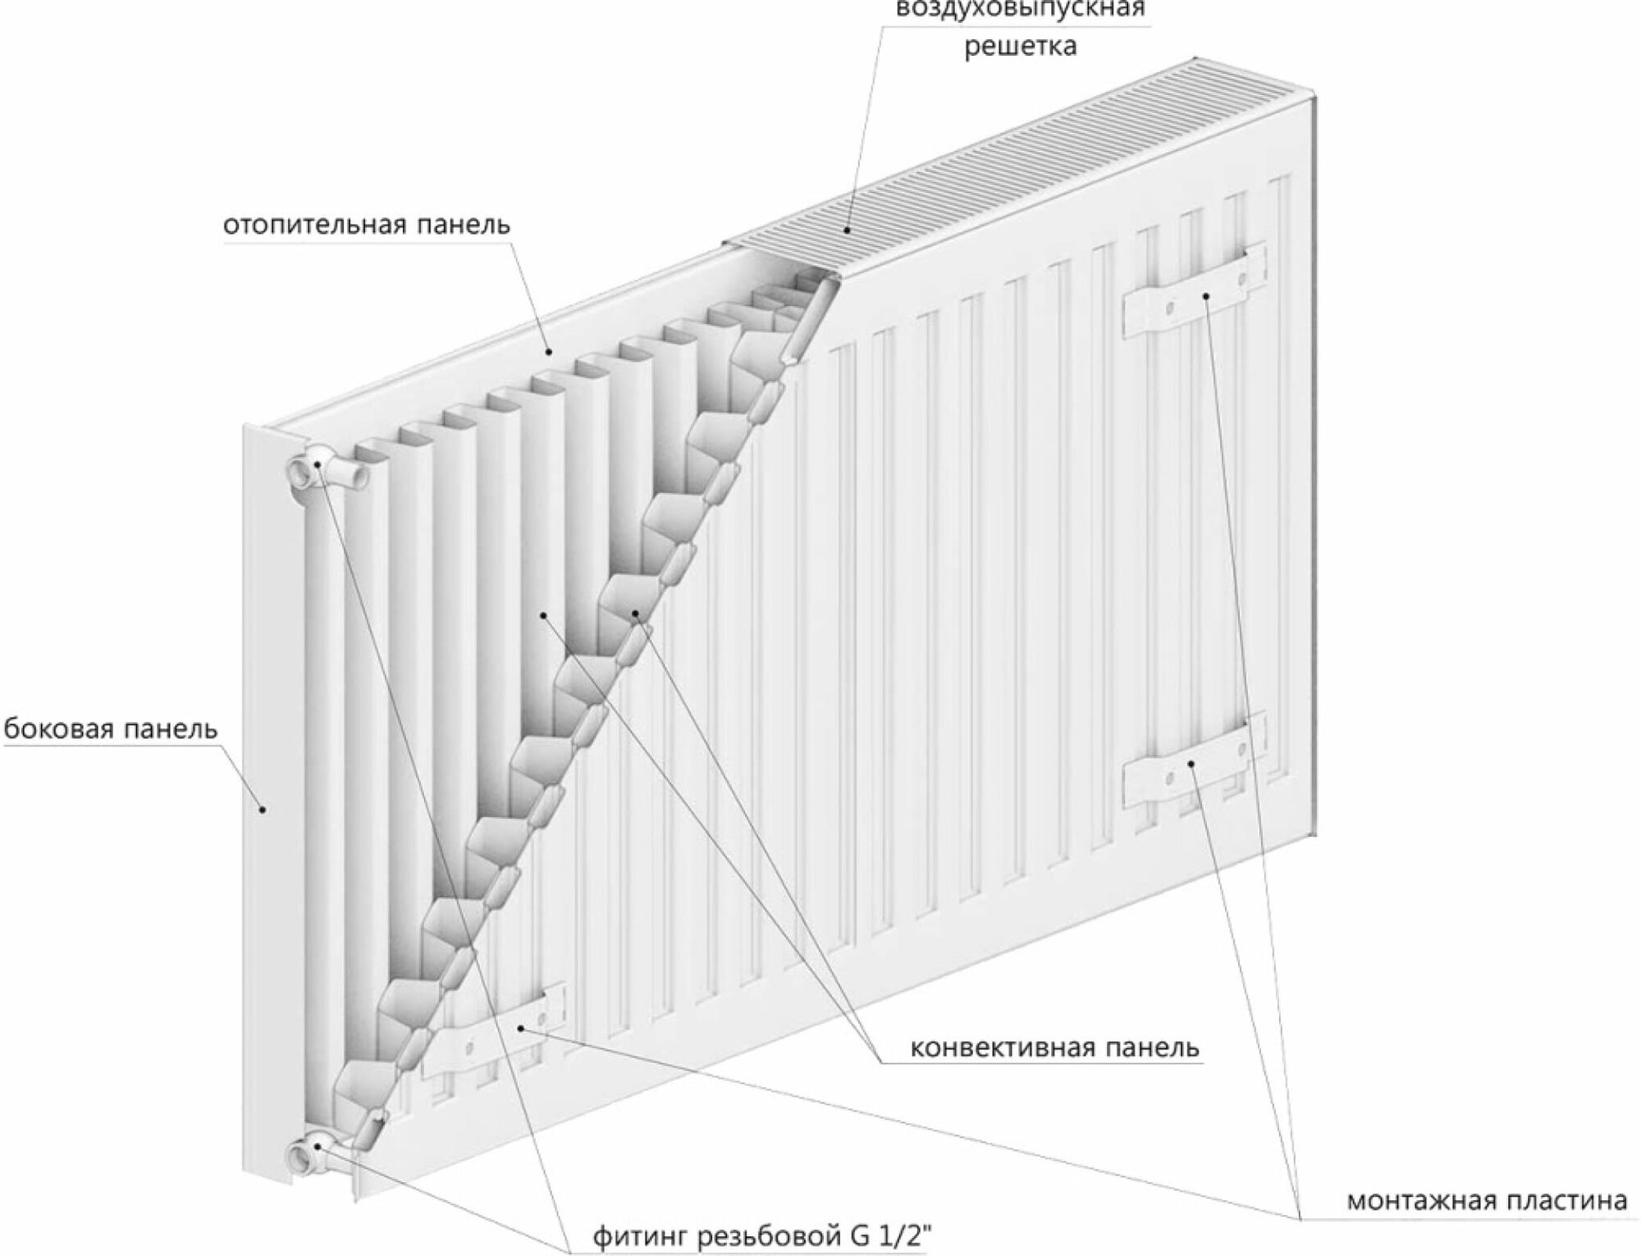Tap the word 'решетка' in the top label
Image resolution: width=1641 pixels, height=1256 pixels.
[x=1020, y=46]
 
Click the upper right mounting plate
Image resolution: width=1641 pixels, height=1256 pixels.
[x=1193, y=291]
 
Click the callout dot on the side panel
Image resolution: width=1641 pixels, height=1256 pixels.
[x=263, y=809]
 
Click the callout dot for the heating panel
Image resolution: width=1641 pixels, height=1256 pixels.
[x=549, y=352]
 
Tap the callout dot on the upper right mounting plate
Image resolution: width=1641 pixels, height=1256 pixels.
[x=1207, y=296]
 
